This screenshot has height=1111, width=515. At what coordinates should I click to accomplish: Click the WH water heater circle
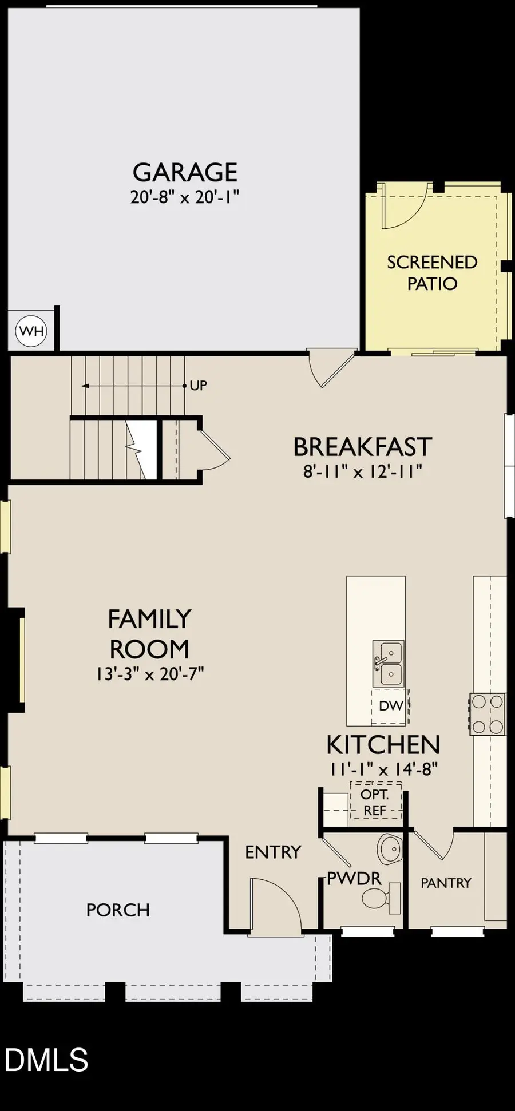pyautogui.click(x=31, y=331)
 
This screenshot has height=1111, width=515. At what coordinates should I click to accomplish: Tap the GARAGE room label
pyautogui.click(x=185, y=172)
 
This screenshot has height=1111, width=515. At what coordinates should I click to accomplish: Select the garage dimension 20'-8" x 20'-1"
pyautogui.click(x=184, y=197)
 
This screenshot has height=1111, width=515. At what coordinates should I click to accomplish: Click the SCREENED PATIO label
pyautogui.click(x=432, y=272)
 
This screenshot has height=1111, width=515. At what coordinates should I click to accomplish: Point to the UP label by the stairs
pyautogui.click(x=198, y=386)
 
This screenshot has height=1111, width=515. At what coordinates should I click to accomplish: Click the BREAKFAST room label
pyautogui.click(x=362, y=447)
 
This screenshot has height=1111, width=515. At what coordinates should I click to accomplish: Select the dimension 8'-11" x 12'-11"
pyautogui.click(x=362, y=471)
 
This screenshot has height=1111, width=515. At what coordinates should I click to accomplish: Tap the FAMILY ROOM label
pyautogui.click(x=149, y=634)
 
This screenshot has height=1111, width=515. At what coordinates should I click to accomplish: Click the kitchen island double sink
pyautogui.click(x=389, y=663)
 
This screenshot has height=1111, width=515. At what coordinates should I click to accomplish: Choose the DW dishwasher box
pyautogui.click(x=391, y=705)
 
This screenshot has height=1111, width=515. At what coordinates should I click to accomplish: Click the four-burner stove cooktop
pyautogui.click(x=488, y=714)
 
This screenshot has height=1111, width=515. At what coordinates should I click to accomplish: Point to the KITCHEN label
pyautogui.click(x=383, y=745)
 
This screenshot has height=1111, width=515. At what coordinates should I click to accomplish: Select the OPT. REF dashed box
pyautogui.click(x=375, y=802)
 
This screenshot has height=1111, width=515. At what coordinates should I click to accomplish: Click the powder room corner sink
pyautogui.click(x=390, y=850)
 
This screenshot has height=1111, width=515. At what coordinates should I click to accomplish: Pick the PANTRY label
pyautogui.click(x=446, y=883)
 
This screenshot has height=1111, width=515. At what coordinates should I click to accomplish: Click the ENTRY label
pyautogui.click(x=273, y=852)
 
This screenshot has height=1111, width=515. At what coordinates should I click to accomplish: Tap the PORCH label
pyautogui.click(x=118, y=910)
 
